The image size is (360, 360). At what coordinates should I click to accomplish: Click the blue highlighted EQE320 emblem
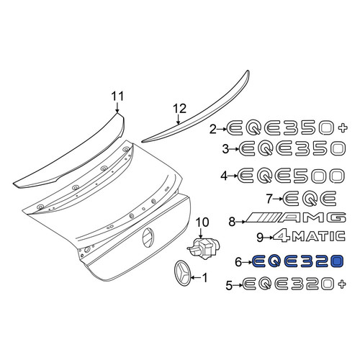[298, 261]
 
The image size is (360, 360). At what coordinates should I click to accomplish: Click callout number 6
[238, 262]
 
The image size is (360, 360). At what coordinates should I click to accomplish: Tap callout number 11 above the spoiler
[117, 96]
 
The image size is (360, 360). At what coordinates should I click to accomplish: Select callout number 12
[179, 109]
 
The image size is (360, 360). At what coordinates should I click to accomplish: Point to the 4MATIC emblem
[309, 235]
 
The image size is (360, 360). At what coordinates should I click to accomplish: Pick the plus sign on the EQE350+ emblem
[343, 128]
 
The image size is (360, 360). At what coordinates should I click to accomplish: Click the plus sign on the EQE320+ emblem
[342, 284]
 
